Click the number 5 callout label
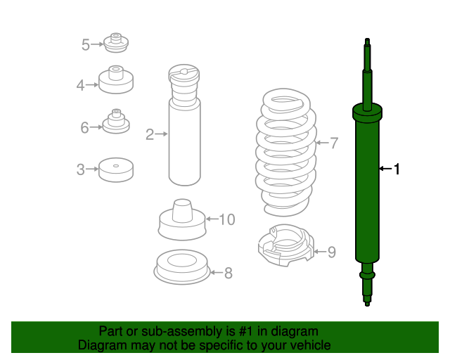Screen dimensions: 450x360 pos(86,45)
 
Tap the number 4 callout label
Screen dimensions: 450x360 pos(80,86)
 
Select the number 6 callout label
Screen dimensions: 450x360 pos(84,128)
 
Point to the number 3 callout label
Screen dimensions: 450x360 pos(81,169)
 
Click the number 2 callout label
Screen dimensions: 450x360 pos(150,134)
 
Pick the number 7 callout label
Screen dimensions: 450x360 pos(334,143)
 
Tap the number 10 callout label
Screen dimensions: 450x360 pos(227,219)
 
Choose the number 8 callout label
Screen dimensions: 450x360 pos(228,273)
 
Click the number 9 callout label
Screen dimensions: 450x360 pos(331,252)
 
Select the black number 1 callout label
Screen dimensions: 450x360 pos(397,169)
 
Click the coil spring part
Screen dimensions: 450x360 pos(286,152)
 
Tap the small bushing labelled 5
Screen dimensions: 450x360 pos(116,42)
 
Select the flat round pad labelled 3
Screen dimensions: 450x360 pos(116,169)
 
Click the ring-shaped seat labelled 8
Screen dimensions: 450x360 pos(182,267)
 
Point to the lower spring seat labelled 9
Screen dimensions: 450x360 pos(286,245)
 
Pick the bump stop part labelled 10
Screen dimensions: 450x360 pos(182,219)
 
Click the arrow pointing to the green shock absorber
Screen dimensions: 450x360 pos(385,169)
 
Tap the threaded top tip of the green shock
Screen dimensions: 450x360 pos(367,41)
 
